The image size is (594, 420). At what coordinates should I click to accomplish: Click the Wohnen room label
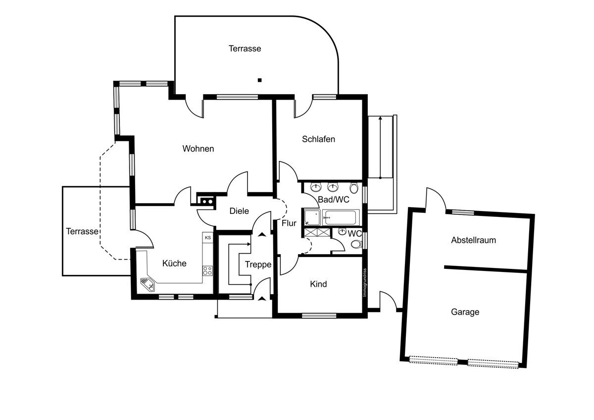(198, 149)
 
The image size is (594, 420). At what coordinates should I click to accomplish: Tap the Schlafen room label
(318, 139)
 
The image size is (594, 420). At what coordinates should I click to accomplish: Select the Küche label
(174, 263)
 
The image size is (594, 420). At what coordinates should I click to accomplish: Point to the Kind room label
(318, 284)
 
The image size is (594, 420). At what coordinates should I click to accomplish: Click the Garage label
(465, 312)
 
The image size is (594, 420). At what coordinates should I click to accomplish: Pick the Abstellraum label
(473, 240)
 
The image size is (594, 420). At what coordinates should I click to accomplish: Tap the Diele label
(239, 211)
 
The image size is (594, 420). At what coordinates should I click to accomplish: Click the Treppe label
(258, 265)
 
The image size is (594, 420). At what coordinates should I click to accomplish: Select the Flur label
(289, 223)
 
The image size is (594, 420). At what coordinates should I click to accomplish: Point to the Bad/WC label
(334, 200)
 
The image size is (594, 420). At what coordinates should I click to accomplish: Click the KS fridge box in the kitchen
(208, 238)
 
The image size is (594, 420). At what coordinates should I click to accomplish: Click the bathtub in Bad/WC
(340, 217)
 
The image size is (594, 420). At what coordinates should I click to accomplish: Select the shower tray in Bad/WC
(312, 217)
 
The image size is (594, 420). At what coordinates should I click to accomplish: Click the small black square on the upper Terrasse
(259, 80)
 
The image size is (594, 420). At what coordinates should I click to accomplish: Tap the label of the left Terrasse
(82, 231)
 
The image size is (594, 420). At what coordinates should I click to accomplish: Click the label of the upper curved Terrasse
(245, 49)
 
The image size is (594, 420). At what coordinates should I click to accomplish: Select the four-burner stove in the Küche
(208, 271)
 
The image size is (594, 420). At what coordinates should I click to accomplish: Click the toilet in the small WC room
(355, 244)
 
